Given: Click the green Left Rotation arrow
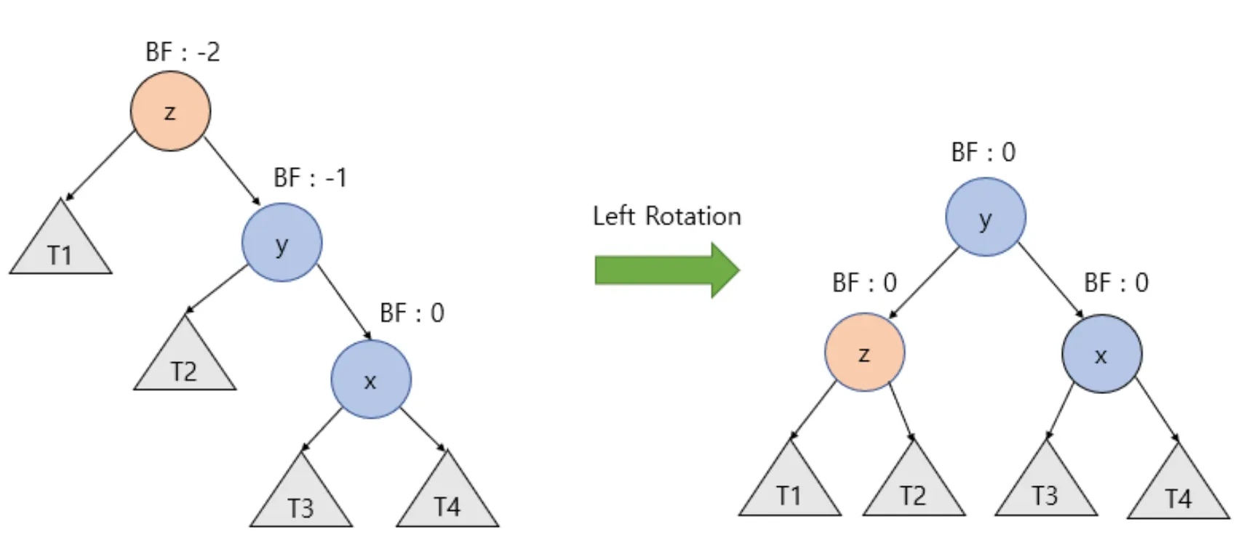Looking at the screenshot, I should click(666, 270).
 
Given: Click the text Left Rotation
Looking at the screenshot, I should click(666, 216).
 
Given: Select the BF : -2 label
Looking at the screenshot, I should click(183, 52).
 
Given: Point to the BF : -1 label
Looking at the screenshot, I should click(310, 177).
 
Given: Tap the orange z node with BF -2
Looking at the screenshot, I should click(170, 111).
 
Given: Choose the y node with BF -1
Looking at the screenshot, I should click(282, 243).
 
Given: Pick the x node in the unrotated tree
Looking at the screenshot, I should click(370, 379).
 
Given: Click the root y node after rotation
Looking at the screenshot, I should click(985, 217).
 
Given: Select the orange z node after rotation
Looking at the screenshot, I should click(864, 353).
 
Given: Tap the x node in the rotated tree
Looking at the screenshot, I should click(1101, 354).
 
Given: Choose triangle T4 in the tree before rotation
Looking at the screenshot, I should click(447, 499).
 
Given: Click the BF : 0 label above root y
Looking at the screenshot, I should click(983, 152).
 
